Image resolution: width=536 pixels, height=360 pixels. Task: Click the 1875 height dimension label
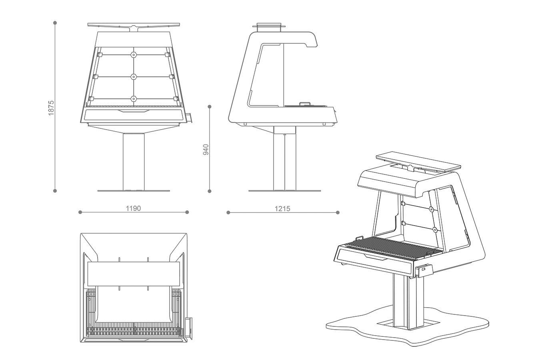coord(51,108)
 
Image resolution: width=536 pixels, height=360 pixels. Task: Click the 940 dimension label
coord(206,150)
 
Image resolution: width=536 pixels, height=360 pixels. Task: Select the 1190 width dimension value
coord(134,208)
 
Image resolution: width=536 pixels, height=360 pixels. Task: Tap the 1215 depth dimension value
coord(282,209)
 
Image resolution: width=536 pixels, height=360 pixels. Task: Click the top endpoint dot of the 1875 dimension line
coord(55,23)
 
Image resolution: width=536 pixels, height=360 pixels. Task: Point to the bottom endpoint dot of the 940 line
coord(210,191)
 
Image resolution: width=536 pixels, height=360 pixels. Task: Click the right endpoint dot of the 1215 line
coord(338,212)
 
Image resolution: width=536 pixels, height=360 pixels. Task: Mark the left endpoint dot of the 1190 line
coord(80,212)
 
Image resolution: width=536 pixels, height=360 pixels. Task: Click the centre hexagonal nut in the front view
coord(134,77)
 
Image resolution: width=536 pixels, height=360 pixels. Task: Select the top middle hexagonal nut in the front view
coord(134,55)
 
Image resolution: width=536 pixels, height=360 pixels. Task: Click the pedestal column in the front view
coord(134,162)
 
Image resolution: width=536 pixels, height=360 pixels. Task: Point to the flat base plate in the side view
coord(284,191)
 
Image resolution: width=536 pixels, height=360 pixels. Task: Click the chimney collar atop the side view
coord(269,27)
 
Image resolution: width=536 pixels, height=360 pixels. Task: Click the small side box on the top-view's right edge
coord(189,328)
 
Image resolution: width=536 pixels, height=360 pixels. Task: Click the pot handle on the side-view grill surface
coord(305,104)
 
